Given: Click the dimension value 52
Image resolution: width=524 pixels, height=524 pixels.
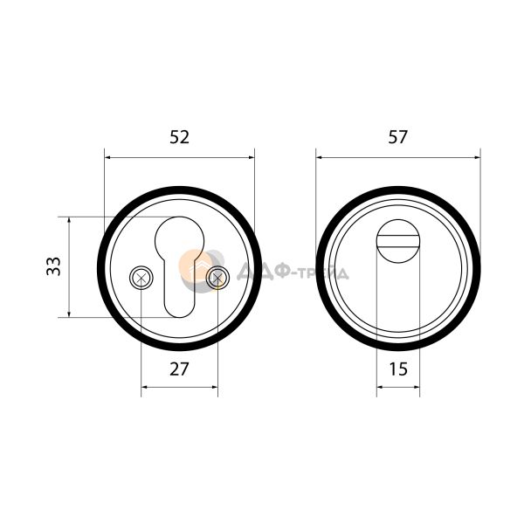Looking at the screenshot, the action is pos(179,137).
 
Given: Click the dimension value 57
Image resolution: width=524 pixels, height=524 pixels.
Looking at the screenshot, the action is pos(397,137).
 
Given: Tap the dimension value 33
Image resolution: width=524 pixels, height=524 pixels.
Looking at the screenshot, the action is pos(53,266).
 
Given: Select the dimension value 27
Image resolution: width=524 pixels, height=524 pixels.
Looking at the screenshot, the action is pos(179,369).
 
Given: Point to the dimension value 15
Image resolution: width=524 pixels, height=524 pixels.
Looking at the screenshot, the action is pos(398,369).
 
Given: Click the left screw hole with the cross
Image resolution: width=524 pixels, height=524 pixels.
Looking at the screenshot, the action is pos(141,278).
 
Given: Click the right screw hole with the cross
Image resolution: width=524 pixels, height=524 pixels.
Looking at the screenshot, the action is pos(217,278).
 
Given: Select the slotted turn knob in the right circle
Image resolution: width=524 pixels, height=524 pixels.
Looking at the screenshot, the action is pos(397,241).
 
